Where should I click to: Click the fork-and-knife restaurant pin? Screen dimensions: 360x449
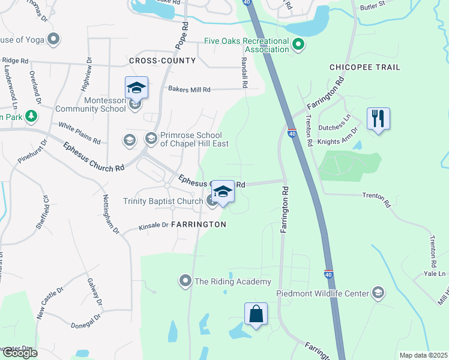click(x=378, y=118)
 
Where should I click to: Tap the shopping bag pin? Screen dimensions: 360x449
click(x=256, y=314)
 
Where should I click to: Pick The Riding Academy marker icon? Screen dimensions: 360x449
click(x=185, y=280)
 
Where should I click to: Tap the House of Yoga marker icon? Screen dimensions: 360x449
click(x=54, y=40)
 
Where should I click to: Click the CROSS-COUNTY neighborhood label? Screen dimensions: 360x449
click(x=162, y=61)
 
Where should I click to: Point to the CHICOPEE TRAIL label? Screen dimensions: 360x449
click(x=364, y=67)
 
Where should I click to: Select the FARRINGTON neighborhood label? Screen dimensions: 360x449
click(x=198, y=224)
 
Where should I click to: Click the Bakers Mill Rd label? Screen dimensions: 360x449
click(x=189, y=89)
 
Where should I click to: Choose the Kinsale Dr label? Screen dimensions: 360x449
click(x=154, y=226)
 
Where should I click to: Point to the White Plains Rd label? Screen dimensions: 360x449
click(x=79, y=133)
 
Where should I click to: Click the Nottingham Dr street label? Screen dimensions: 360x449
click(x=109, y=214)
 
